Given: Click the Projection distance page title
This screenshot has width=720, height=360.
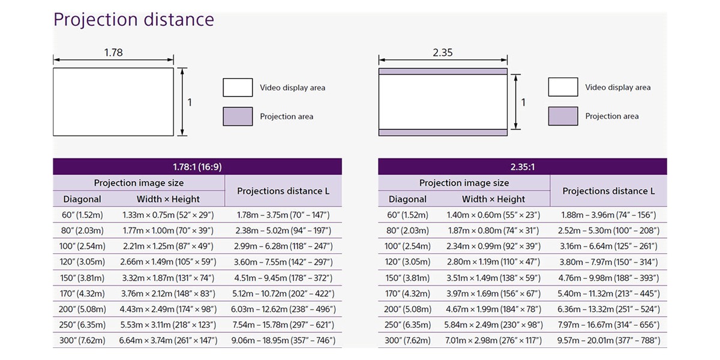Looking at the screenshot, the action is pyautogui.click(x=134, y=20).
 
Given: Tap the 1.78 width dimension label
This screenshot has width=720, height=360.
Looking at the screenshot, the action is pyautogui.click(x=113, y=52).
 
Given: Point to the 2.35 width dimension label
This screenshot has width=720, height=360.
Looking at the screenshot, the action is pyautogui.click(x=442, y=52).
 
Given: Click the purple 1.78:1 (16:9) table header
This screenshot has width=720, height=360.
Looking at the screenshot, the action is pyautogui.click(x=197, y=167).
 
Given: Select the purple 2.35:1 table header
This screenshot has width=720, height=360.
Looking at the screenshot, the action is pyautogui.click(x=523, y=167).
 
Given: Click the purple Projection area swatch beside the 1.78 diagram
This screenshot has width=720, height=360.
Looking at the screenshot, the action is pyautogui.click(x=238, y=116).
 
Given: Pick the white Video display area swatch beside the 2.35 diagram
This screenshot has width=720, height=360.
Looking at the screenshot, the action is pyautogui.click(x=563, y=87).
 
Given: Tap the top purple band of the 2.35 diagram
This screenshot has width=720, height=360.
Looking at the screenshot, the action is pyautogui.click(x=443, y=71).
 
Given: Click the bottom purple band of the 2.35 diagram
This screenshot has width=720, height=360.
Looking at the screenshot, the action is pyautogui.click(x=443, y=133).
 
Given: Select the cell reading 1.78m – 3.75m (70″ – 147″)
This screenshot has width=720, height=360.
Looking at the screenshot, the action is pyautogui.click(x=283, y=215).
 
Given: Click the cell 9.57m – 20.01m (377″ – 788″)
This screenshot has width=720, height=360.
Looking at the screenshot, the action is pyautogui.click(x=609, y=340).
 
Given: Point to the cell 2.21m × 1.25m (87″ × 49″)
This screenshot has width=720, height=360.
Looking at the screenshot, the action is pyautogui.click(x=168, y=246).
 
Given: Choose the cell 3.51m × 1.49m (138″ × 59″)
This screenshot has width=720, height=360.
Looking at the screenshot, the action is pyautogui.click(x=493, y=278).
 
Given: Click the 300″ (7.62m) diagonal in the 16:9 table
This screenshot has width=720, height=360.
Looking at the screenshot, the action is pyautogui.click(x=82, y=340).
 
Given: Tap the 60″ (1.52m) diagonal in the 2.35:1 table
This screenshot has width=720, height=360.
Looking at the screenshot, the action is pyautogui.click(x=407, y=215).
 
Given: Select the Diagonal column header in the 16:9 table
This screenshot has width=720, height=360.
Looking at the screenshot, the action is pyautogui.click(x=82, y=199).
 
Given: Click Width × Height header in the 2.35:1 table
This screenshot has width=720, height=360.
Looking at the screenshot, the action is pyautogui.click(x=493, y=199).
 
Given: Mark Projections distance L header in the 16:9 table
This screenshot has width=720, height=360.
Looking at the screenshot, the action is pyautogui.click(x=283, y=191).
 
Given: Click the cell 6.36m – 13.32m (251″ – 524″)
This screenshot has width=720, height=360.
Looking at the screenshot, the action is pyautogui.click(x=609, y=309).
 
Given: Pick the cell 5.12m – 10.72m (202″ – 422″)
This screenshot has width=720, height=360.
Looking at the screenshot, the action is pyautogui.click(x=283, y=293).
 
